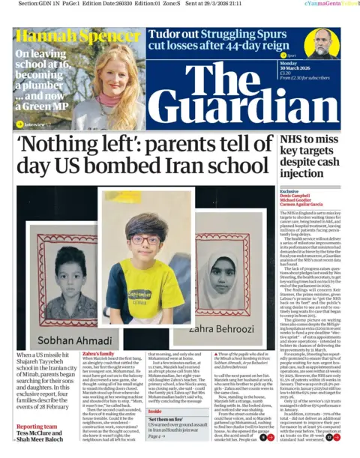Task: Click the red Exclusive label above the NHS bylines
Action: [x=289, y=191]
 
